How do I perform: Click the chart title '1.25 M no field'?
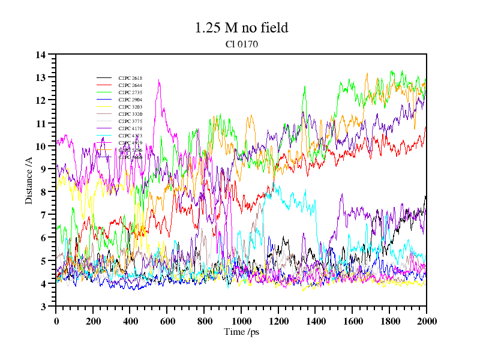tap(241, 28)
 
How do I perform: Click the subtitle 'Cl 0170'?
tap(241, 44)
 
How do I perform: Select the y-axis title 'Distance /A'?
tap(29, 181)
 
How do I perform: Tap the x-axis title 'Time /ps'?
tap(241, 332)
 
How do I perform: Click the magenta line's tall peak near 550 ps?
tap(159, 80)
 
